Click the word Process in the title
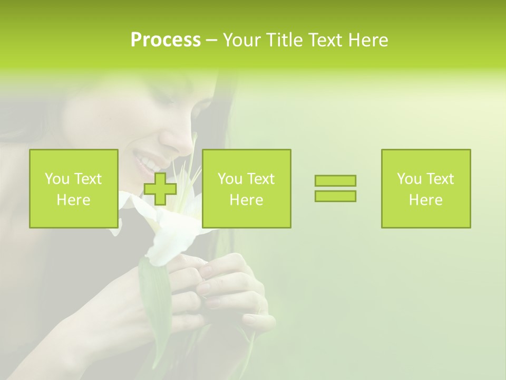tap(166, 40)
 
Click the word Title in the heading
tap(284, 40)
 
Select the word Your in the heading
tap(242, 40)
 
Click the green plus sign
tap(160, 188)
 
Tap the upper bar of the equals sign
tap(335, 180)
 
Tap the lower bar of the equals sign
tap(335, 196)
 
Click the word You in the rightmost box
tap(409, 179)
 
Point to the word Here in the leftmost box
tap(73, 200)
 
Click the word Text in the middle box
tap(261, 179)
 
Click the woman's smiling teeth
tap(143, 161)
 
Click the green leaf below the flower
tap(156, 296)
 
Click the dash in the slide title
tap(211, 40)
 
